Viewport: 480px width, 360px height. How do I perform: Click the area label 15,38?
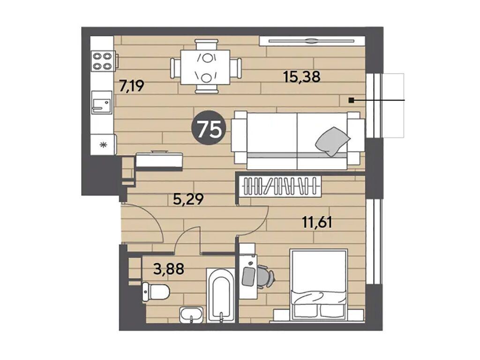[302, 76]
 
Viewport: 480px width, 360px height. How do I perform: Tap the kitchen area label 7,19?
[132, 86]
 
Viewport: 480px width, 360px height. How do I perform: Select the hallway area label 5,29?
[188, 200]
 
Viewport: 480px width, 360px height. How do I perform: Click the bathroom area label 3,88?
[169, 269]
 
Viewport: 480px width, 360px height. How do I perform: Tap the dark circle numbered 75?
[210, 127]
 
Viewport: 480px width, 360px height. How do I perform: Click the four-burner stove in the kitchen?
[102, 61]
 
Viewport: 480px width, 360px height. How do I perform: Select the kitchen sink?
[102, 102]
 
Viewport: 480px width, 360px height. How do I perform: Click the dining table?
[205, 67]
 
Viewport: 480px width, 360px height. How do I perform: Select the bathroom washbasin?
[191, 315]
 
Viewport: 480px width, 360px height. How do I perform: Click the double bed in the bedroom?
[319, 285]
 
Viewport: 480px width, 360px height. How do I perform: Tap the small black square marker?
[352, 100]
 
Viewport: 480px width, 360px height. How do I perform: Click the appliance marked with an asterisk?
[104, 144]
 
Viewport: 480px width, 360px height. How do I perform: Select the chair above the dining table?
[207, 45]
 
